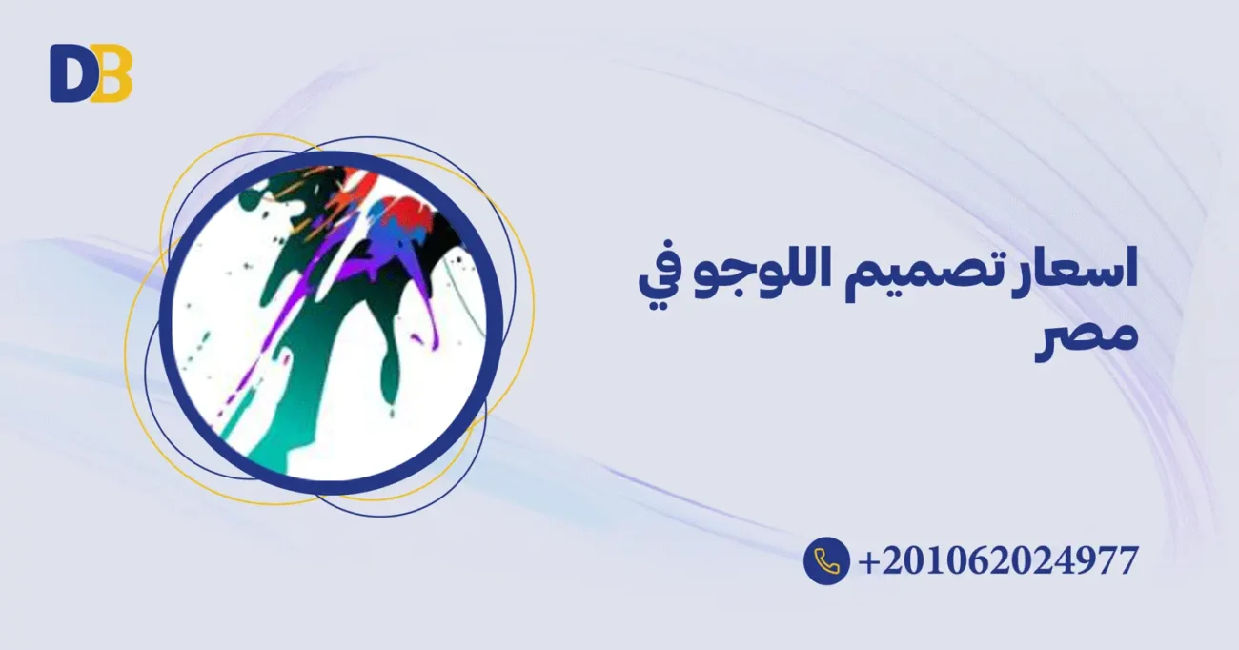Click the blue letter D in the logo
point(69,73)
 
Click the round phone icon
point(826,560)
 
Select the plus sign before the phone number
point(869,561)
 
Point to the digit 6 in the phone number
point(978,560)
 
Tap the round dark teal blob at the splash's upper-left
point(250,199)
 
